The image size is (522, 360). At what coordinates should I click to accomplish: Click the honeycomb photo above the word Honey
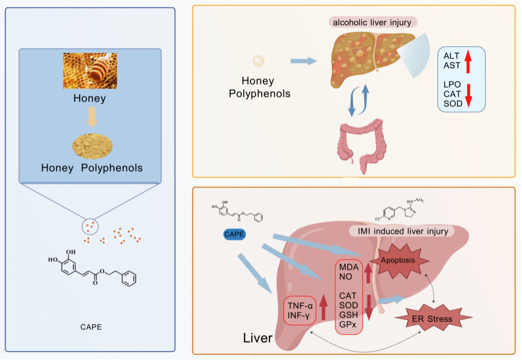tap(90, 71)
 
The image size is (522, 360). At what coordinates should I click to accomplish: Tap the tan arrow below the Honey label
tap(92, 117)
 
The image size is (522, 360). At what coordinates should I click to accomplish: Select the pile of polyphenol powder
tap(92, 146)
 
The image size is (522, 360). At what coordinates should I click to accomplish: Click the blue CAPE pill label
tap(234, 234)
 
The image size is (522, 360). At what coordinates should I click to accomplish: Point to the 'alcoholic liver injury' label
tap(372, 22)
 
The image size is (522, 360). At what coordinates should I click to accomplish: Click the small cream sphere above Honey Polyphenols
tap(259, 61)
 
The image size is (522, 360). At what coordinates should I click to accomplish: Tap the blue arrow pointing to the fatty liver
tap(304, 61)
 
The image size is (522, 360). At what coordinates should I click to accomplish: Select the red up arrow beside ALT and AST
tap(468, 61)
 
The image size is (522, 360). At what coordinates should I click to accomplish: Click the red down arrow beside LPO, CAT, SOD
tap(468, 96)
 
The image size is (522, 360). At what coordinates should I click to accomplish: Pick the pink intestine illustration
tap(362, 145)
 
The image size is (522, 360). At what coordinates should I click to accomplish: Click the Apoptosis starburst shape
tap(398, 261)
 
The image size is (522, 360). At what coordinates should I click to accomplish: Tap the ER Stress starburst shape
tap(433, 318)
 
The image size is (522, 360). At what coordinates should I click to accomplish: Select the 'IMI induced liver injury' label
tap(403, 231)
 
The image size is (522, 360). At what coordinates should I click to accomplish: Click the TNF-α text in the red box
tap(300, 306)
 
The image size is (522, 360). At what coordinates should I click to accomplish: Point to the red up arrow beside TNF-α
tap(323, 307)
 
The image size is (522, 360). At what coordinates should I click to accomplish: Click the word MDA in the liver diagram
tap(349, 267)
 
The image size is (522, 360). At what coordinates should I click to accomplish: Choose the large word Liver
tap(258, 338)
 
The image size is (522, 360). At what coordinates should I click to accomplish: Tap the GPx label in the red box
tap(348, 324)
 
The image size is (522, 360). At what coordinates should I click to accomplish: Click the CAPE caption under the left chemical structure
tap(91, 327)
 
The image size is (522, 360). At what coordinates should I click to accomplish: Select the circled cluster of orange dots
tap(90, 227)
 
